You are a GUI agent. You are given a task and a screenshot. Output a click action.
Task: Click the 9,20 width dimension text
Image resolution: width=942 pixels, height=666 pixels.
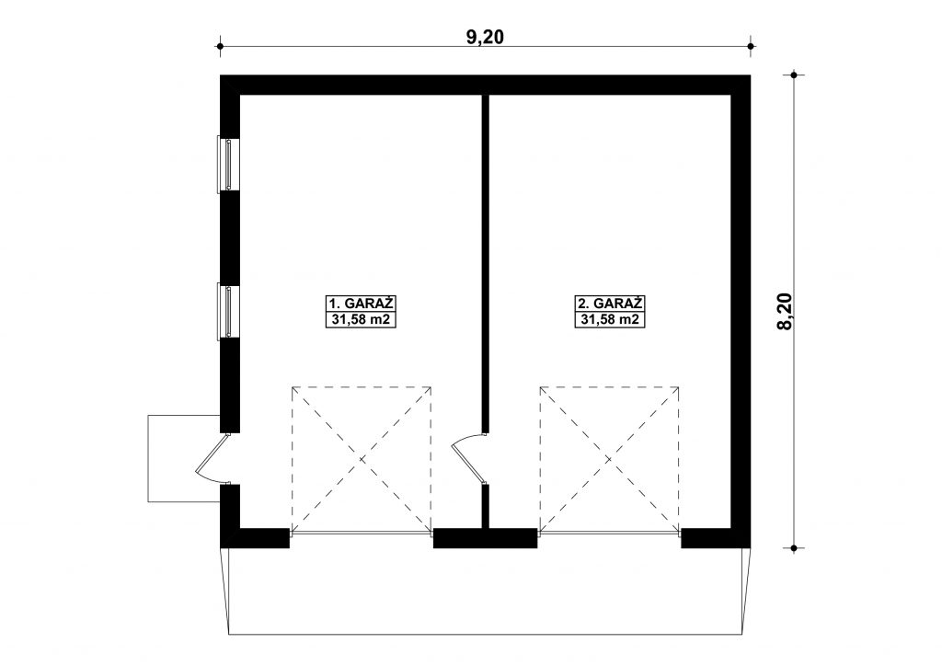[x=485, y=37]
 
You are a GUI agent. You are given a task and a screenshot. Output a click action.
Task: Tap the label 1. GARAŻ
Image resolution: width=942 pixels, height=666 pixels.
[x=361, y=303]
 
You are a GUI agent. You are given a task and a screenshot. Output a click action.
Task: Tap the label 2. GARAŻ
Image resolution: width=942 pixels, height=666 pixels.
[x=610, y=303]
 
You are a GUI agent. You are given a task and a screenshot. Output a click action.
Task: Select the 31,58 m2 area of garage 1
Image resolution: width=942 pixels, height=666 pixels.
[x=361, y=319]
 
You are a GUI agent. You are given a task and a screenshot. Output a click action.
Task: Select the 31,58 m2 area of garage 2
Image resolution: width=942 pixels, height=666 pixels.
[x=610, y=319]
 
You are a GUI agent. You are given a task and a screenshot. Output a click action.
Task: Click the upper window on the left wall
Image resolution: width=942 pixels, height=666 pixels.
[x=227, y=165]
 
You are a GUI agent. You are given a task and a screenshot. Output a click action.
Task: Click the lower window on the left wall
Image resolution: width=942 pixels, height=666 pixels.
[x=227, y=312]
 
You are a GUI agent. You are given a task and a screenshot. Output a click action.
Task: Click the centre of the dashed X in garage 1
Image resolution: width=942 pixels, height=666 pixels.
[x=362, y=459]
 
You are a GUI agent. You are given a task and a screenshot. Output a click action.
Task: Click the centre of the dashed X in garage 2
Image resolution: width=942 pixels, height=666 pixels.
[x=609, y=459]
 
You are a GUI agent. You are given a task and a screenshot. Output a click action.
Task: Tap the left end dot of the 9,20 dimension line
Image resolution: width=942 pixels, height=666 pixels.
[x=221, y=46]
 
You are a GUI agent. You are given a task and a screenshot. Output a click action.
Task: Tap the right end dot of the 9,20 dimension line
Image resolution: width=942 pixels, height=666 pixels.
[x=751, y=46]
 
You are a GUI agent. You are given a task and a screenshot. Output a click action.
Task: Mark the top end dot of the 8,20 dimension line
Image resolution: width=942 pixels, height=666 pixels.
[x=794, y=75]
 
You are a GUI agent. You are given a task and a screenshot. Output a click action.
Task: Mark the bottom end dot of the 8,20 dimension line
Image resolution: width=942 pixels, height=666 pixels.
[x=794, y=547]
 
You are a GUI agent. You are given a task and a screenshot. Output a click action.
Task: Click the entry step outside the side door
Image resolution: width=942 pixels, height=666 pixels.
[x=184, y=457]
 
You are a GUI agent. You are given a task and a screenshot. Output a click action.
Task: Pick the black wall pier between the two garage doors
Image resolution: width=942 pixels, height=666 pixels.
[x=485, y=537]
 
